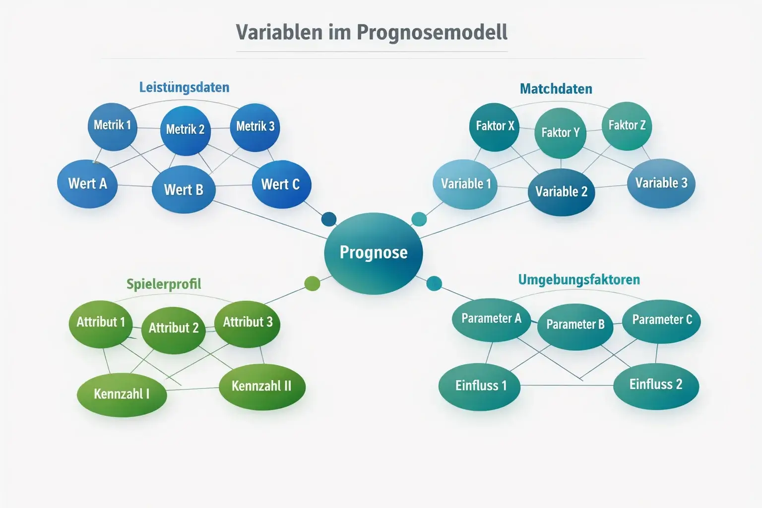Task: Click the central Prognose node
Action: [x=373, y=253]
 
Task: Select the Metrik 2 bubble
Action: [x=185, y=130]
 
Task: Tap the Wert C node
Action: [x=281, y=185]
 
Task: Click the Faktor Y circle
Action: [x=560, y=132]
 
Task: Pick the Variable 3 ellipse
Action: [x=661, y=183]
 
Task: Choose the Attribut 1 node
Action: [x=101, y=322]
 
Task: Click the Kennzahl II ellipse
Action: [x=261, y=386]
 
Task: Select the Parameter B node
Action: [x=575, y=325]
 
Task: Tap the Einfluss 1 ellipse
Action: [x=480, y=386]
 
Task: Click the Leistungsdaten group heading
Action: [x=184, y=88]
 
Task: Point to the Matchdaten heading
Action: [x=556, y=89]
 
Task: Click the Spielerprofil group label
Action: [x=164, y=284]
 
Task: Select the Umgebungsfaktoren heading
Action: [x=578, y=280]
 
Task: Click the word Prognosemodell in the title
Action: [x=432, y=32]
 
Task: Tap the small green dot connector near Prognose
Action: [x=312, y=283]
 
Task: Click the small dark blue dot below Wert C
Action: [x=329, y=219]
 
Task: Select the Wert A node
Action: [x=87, y=184]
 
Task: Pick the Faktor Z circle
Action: [x=627, y=126]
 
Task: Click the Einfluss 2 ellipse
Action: [x=656, y=385]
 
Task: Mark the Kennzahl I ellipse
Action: [x=122, y=394]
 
